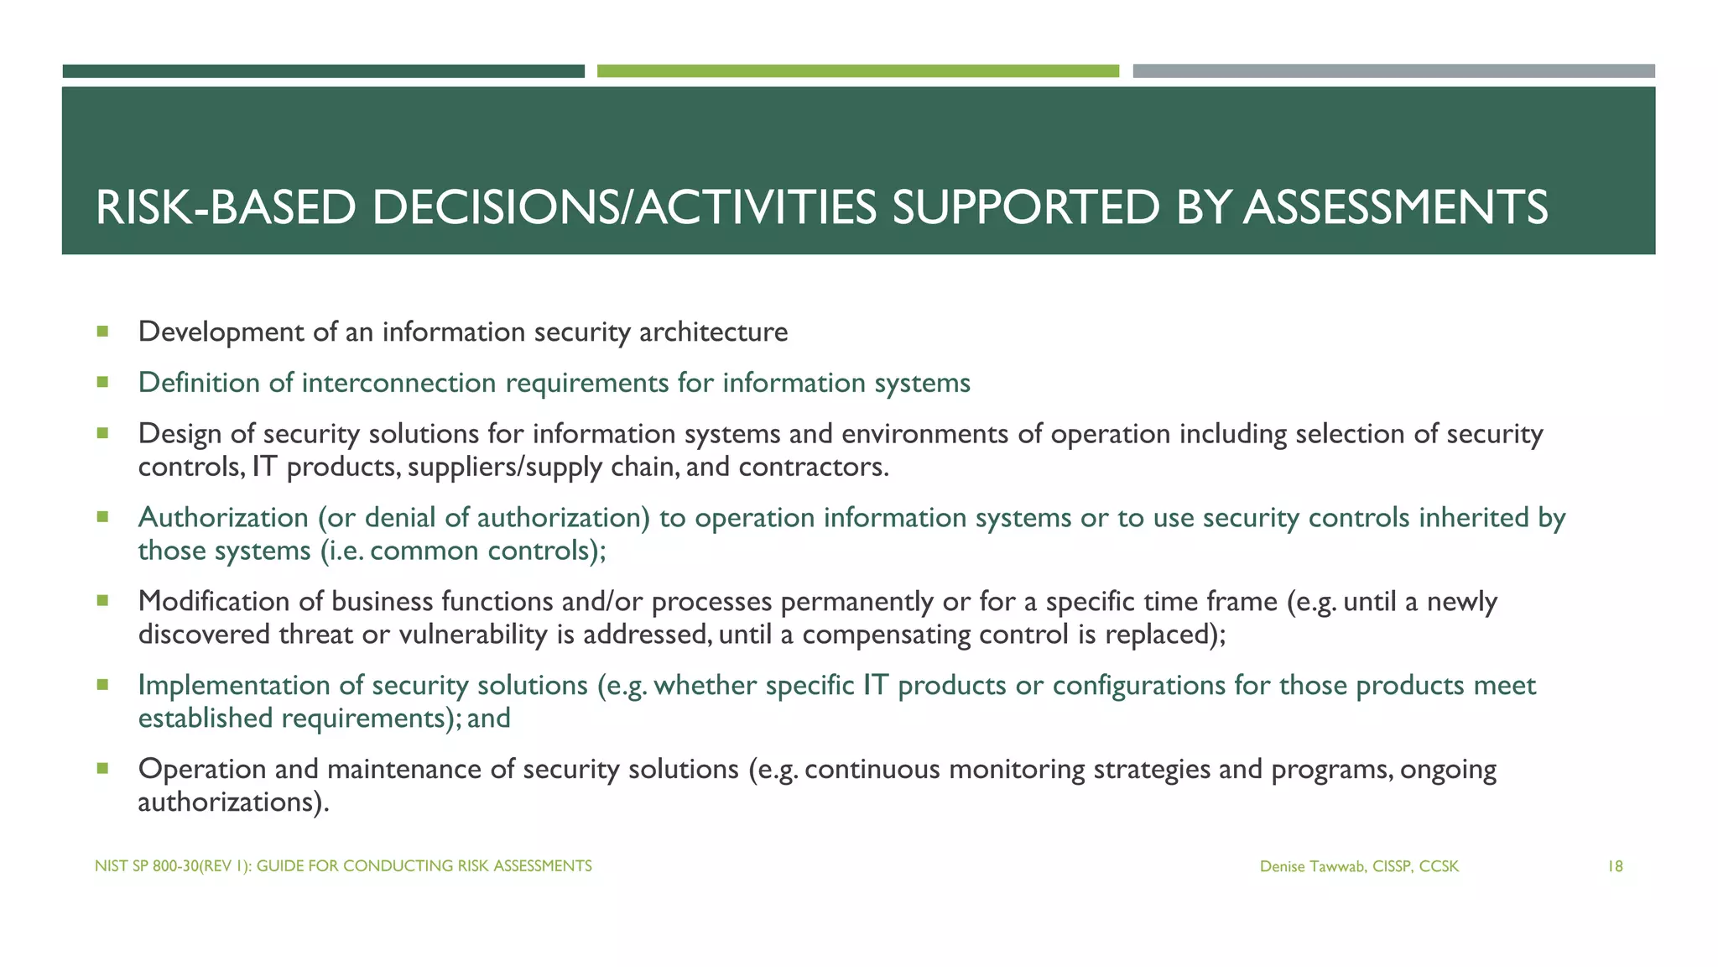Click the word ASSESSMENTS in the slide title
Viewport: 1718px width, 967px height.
[1395, 208]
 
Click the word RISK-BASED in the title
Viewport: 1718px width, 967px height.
[226, 208]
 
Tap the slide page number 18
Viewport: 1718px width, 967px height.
[1614, 866]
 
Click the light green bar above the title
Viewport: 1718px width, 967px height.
[857, 71]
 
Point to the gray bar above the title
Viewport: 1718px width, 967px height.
[1393, 71]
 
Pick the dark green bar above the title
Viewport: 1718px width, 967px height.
[323, 71]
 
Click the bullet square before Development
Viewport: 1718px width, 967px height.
[102, 332]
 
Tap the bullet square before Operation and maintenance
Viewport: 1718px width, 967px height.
[102, 768]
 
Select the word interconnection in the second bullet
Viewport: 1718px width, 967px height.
[398, 384]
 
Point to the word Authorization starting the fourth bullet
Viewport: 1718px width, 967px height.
[223, 518]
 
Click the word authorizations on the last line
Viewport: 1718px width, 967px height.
[229, 802]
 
